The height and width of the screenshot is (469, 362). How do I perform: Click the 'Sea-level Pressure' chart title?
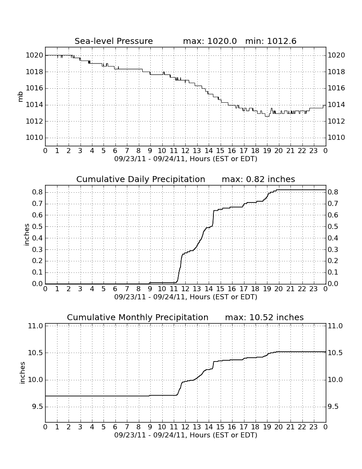[114, 41]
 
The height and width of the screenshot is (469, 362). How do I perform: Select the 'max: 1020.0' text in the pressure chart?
[210, 41]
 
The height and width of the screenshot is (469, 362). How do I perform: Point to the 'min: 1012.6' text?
[271, 41]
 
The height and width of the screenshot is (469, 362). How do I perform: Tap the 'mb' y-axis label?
[20, 97]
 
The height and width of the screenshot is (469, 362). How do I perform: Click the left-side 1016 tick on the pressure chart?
[34, 88]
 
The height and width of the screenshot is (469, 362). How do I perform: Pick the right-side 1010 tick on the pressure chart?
[336, 138]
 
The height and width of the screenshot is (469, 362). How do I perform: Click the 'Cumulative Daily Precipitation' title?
[141, 179]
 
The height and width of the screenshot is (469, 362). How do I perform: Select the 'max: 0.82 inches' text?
[259, 179]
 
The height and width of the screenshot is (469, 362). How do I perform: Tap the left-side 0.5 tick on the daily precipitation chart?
[37, 226]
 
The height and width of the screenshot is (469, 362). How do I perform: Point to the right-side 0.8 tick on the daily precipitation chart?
[333, 192]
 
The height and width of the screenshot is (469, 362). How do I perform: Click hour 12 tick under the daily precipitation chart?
[185, 289]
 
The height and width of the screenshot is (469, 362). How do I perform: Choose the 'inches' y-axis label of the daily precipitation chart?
[27, 235]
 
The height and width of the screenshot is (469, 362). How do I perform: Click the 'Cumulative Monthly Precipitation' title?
[138, 317]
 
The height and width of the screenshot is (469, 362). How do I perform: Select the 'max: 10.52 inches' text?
[264, 317]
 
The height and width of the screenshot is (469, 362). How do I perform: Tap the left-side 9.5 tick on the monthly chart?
[36, 407]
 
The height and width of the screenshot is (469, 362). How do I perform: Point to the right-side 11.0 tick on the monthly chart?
[336, 326]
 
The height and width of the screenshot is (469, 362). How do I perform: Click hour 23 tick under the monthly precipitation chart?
[313, 427]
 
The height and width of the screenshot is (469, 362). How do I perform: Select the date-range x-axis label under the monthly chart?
[186, 435]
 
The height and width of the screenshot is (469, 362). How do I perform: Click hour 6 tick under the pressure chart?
[115, 151]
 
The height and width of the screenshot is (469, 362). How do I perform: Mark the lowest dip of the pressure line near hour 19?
[267, 116]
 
